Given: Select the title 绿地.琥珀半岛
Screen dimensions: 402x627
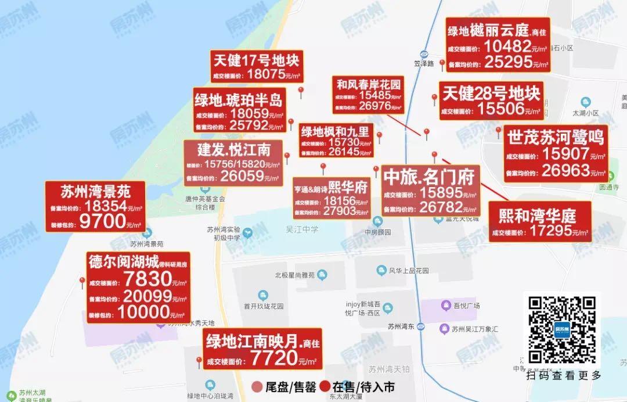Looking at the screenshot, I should pyautogui.click(x=239, y=100).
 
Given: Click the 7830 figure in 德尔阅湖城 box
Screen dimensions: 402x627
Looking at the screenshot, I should pyautogui.click(x=147, y=279).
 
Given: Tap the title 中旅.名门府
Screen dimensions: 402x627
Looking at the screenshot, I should pyautogui.click(x=430, y=175).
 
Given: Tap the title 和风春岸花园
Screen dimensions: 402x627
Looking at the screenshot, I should pyautogui.click(x=369, y=84).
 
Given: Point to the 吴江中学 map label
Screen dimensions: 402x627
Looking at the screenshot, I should pyautogui.click(x=302, y=230).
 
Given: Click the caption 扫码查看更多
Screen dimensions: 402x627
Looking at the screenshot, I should pyautogui.click(x=564, y=375).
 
